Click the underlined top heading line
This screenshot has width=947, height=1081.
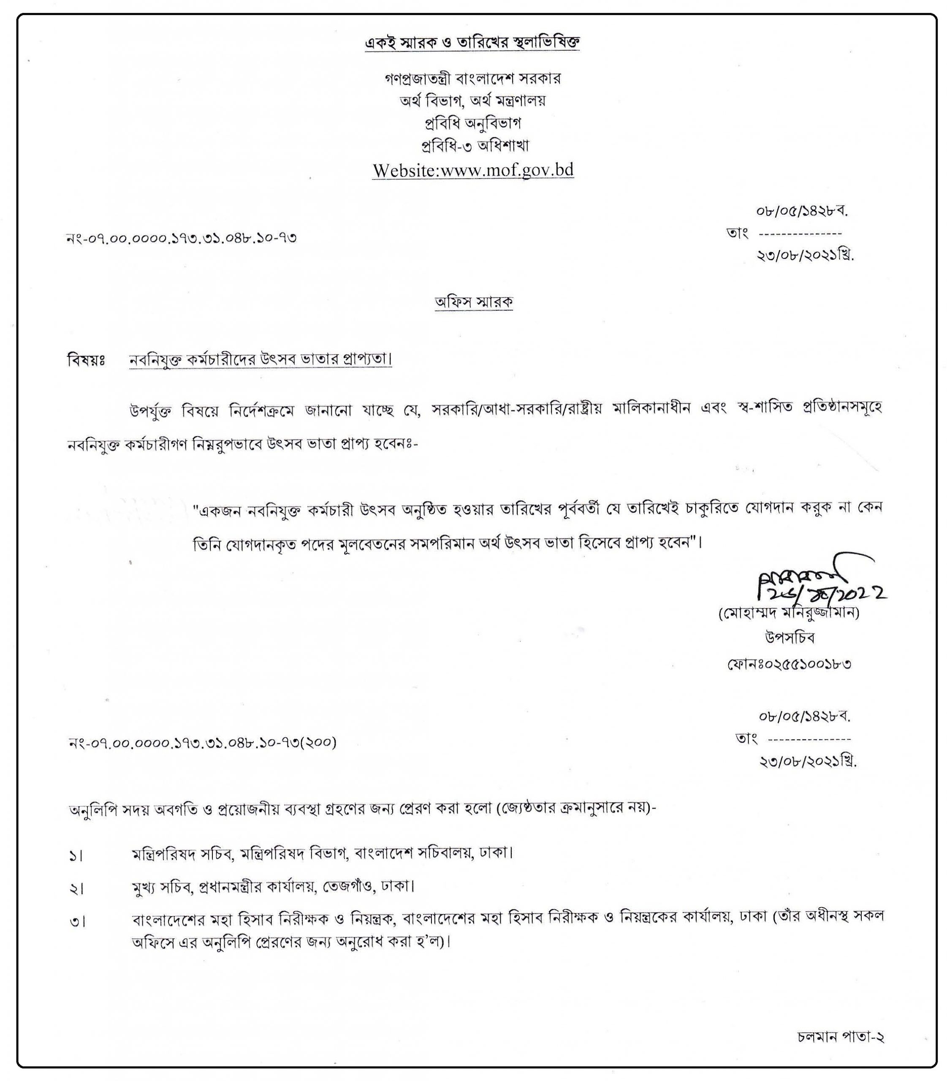473,42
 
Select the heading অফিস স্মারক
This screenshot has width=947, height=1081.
474,302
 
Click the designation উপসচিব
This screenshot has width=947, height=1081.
790,638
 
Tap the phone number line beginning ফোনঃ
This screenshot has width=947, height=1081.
789,664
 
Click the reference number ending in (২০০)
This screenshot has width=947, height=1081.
203,743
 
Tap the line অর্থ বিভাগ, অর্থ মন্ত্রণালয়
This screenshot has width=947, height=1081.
472,101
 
